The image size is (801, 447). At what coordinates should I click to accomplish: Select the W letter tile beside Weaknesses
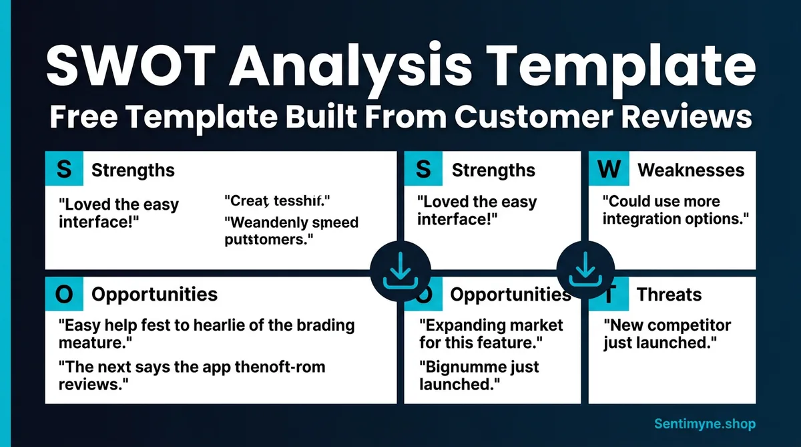[x=608, y=169]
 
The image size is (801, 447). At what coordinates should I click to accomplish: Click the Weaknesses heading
[x=691, y=170]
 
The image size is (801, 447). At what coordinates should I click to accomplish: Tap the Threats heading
[x=669, y=295]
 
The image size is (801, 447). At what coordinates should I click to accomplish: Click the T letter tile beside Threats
[x=604, y=295]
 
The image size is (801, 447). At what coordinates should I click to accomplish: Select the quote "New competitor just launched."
[x=667, y=335]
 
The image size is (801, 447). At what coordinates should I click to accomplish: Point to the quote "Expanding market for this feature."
[x=491, y=335]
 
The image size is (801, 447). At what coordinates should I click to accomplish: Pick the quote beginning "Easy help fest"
[x=206, y=334]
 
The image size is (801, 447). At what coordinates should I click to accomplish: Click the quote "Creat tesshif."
[x=277, y=200]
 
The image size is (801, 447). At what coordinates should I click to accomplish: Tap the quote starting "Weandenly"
[x=291, y=231]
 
